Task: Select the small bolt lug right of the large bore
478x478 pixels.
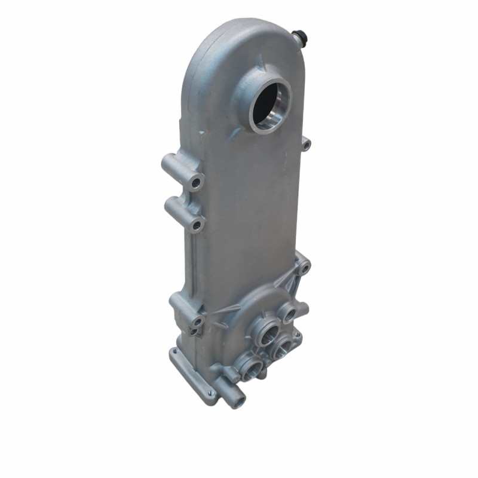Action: [x=305, y=144]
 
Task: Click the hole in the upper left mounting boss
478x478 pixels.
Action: [x=195, y=180]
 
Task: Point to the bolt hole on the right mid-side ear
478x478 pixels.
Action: [x=305, y=269]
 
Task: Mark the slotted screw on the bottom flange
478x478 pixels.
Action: [x=210, y=392]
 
